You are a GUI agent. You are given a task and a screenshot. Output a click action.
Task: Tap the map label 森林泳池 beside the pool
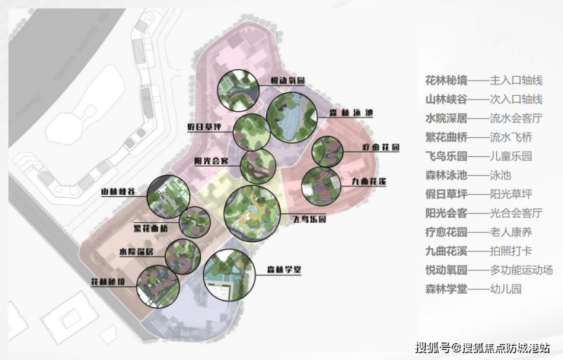351,113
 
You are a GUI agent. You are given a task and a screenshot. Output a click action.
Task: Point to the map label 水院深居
136,251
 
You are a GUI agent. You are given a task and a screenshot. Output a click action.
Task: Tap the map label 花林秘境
110,282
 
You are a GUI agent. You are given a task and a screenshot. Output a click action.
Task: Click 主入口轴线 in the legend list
516,81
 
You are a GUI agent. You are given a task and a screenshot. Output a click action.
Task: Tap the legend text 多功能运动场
521,270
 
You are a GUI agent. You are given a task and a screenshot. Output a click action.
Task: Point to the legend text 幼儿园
510,289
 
